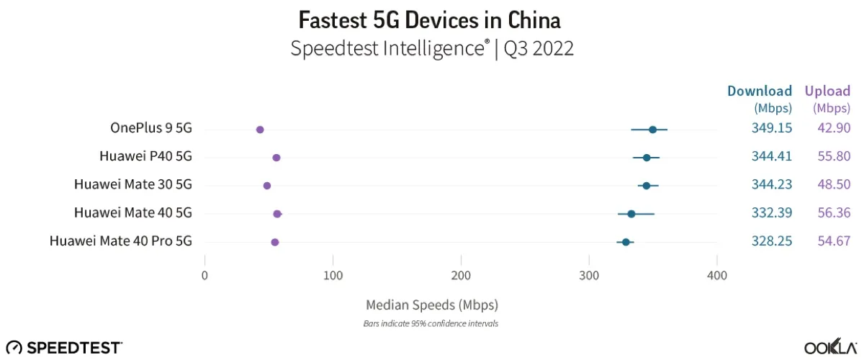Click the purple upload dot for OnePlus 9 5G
click(x=260, y=130)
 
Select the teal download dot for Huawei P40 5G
click(x=647, y=157)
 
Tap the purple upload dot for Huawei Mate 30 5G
click(x=267, y=186)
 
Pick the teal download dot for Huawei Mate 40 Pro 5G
click(x=626, y=242)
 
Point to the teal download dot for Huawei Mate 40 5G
click(x=631, y=214)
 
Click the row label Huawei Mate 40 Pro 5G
click(x=121, y=241)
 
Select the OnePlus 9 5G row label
click(x=151, y=128)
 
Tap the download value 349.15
click(x=767, y=128)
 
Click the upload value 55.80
click(x=834, y=156)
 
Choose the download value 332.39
click(x=767, y=212)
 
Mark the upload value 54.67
click(x=834, y=241)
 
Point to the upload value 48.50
click(x=834, y=184)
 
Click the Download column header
click(x=760, y=91)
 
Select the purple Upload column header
click(x=828, y=91)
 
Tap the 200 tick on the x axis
click(x=461, y=275)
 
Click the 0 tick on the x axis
click(x=205, y=275)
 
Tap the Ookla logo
click(x=830, y=347)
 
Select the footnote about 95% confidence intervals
click(x=431, y=323)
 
